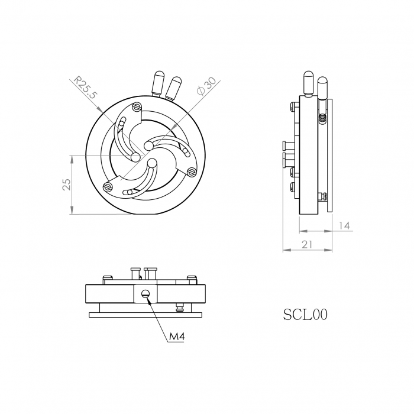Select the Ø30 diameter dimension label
pos(207,86)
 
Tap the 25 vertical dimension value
pos(67,185)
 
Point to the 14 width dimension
pos(344,225)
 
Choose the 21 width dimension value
pos(308,244)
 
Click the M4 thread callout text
pos(177,337)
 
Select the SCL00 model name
pos(305,314)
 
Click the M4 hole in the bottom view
pos(145,293)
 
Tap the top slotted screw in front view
pos(137,107)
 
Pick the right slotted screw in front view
pos(191,172)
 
